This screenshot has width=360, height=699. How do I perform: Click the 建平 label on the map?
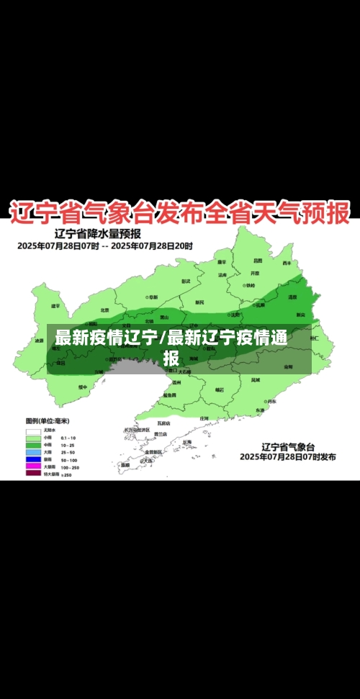click(56, 306)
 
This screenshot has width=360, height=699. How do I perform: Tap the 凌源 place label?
click(39, 341)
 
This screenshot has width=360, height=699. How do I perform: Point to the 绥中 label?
click(82, 387)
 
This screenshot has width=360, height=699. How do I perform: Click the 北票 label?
click(104, 310)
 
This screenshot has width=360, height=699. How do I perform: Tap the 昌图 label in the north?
click(257, 261)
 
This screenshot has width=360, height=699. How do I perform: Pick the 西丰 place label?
click(287, 263)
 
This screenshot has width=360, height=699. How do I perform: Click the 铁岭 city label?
click(249, 285)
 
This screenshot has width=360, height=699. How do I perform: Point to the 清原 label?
click(292, 297)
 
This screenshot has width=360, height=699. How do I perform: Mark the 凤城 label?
click(255, 379)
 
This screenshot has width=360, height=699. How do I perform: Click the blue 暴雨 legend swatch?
click(33, 459)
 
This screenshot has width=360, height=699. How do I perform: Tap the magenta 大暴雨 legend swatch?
click(33, 466)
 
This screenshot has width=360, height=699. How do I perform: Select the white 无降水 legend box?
click(33, 430)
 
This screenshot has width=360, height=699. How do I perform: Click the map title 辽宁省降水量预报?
click(97, 233)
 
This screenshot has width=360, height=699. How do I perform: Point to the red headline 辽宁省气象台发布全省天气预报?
click(179, 212)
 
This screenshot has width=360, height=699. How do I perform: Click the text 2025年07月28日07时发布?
click(287, 456)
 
